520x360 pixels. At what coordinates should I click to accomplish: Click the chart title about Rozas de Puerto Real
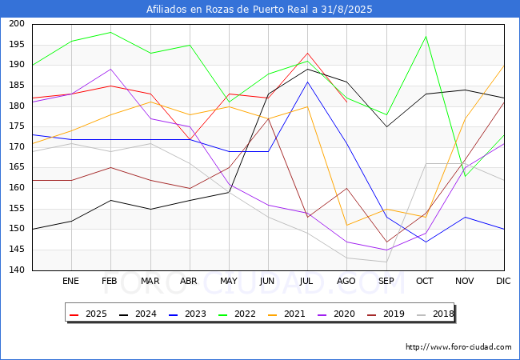[x=259, y=9]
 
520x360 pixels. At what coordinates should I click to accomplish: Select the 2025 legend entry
[x=88, y=314]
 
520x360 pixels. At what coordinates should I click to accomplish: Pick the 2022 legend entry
[x=237, y=314]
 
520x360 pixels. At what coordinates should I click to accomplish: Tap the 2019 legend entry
[x=386, y=314]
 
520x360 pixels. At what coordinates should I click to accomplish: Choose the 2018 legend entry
[x=435, y=314]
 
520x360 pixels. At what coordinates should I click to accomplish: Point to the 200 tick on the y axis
[x=17, y=23]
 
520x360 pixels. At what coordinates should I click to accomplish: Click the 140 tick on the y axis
[x=17, y=270]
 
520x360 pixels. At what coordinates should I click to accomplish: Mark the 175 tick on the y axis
[x=17, y=126]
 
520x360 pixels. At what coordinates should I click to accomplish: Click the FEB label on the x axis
[x=110, y=281]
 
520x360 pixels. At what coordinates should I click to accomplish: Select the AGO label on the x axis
[x=346, y=281]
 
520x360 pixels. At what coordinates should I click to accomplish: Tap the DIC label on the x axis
[x=503, y=281]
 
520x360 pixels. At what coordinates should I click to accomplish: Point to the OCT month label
[x=425, y=281]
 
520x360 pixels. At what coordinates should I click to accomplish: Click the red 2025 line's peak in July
[x=307, y=53]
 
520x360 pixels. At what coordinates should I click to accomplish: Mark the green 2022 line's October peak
[x=426, y=37]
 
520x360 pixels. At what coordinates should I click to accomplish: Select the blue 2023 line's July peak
[x=307, y=82]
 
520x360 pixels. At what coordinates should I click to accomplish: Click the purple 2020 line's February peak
[x=110, y=69]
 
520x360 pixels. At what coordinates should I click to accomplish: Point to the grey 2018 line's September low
[x=386, y=262]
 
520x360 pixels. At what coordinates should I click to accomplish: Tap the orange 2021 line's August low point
[x=347, y=225]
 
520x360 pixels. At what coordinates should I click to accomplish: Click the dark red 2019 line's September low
[x=386, y=242]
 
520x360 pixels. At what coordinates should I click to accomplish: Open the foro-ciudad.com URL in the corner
[x=458, y=347]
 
